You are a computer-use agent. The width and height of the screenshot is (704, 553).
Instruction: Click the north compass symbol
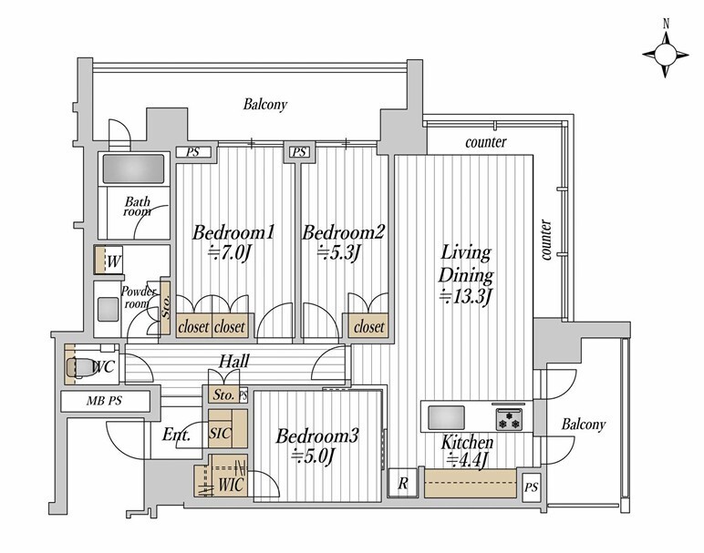[x=666, y=54]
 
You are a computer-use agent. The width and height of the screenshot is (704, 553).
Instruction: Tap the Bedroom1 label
[x=233, y=233]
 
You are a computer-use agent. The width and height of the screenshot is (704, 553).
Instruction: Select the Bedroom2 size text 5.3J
[x=339, y=254]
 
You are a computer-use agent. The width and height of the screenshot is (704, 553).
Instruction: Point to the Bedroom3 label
[x=317, y=435]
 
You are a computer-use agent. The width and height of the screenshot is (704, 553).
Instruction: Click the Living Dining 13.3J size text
[x=467, y=296]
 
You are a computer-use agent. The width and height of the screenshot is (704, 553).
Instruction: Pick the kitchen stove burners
[x=510, y=419]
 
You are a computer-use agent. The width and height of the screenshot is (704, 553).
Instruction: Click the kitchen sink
[x=446, y=417]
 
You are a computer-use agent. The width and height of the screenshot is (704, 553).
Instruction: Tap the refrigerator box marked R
[x=403, y=483]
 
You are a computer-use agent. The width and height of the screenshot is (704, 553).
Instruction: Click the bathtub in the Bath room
[x=134, y=169]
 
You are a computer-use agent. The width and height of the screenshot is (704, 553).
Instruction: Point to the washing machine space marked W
[x=109, y=261]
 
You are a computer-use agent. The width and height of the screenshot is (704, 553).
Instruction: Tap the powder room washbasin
[x=109, y=310]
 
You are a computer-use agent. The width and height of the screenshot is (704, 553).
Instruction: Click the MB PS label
[x=104, y=401]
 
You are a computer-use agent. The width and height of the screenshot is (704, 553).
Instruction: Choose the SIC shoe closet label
[x=220, y=433]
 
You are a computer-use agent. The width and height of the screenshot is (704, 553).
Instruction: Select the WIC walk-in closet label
[x=232, y=485]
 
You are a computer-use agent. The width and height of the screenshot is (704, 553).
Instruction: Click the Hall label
[x=234, y=361]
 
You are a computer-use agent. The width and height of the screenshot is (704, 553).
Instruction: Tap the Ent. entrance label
[x=176, y=435]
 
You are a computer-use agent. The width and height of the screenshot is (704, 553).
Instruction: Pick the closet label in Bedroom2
[x=369, y=327]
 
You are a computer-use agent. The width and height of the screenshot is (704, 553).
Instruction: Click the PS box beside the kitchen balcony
[x=531, y=486]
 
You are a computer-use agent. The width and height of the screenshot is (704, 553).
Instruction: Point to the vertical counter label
[x=545, y=240]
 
